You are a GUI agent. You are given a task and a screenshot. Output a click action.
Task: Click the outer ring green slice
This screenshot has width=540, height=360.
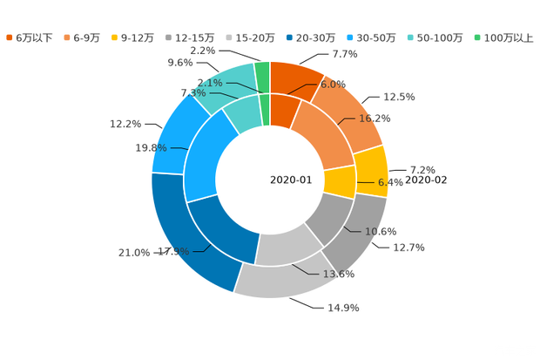click(262, 75)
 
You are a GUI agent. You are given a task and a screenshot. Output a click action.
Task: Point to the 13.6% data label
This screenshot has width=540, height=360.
click(339, 274)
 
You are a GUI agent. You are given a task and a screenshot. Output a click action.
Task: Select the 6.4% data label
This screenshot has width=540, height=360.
click(391, 183)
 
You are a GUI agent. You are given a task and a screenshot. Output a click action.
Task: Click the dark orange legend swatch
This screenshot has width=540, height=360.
click(9, 37)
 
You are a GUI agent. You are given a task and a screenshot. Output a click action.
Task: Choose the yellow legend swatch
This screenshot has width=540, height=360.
click(116, 37)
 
